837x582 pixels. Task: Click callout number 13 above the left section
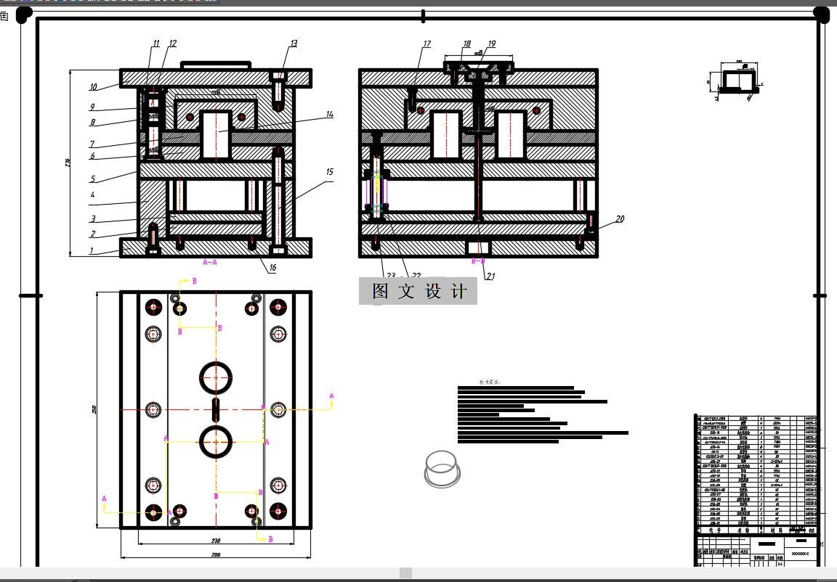coord(294,44)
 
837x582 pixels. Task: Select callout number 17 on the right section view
coord(427,44)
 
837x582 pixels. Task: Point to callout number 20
coord(620,218)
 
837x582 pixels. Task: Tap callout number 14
coord(329,114)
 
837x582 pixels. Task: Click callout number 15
coord(330,172)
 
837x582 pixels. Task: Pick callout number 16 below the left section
coord(272,268)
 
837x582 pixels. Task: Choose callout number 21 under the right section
coord(490,276)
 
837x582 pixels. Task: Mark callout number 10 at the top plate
coord(93,87)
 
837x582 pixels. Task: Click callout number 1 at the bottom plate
coord(92,251)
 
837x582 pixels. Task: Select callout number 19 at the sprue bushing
coord(491,44)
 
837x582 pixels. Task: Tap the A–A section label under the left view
coord(209,262)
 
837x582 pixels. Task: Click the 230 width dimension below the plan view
coord(216,541)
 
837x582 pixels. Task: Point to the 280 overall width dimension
coord(216,555)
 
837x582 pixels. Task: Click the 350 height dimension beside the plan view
coord(94,410)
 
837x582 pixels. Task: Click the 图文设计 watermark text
coord(418,291)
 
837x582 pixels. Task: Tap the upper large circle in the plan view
coord(216,377)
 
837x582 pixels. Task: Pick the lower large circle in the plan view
coord(216,442)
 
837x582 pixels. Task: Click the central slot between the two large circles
coord(216,409)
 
